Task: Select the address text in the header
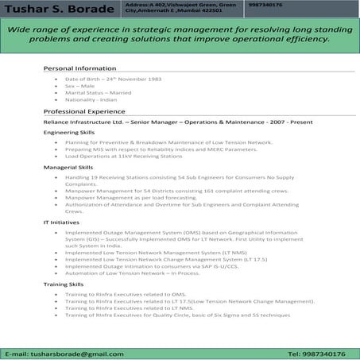pos(180,9)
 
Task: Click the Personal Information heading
pos(79,68)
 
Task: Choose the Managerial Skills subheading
pos(68,168)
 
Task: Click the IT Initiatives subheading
pos(60,223)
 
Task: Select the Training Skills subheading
pos(65,284)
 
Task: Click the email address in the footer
pos(64,352)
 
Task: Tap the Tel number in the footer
pos(315,352)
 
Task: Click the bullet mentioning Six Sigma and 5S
pos(177,315)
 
